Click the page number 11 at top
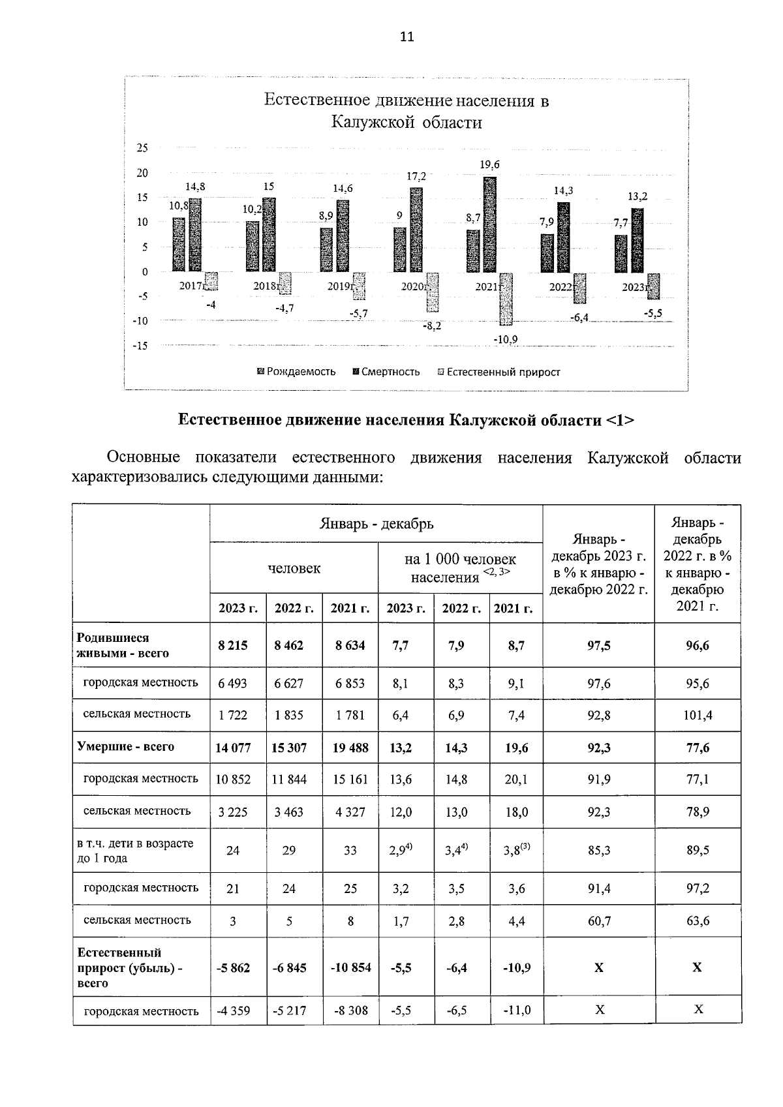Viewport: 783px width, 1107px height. click(407, 37)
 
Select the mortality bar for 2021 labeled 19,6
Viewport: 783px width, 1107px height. click(489, 224)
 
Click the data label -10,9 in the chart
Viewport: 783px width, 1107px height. click(506, 339)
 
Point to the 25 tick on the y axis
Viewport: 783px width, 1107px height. click(142, 148)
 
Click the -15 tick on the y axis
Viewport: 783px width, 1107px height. click(140, 346)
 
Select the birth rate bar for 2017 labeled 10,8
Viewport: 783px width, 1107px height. click(178, 245)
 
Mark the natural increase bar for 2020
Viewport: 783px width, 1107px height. click(432, 292)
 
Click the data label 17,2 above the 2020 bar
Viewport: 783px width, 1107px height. click(416, 177)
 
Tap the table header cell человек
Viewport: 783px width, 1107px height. click(294, 568)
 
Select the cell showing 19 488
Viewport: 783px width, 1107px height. click(350, 748)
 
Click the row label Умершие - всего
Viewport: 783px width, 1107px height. click(125, 746)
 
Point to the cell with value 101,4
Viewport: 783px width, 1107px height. click(698, 715)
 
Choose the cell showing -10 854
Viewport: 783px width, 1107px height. click(350, 967)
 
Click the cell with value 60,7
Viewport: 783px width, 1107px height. click(599, 921)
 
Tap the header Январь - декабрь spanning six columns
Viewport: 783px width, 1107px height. click(376, 523)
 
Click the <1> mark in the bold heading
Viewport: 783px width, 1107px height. click(620, 420)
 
